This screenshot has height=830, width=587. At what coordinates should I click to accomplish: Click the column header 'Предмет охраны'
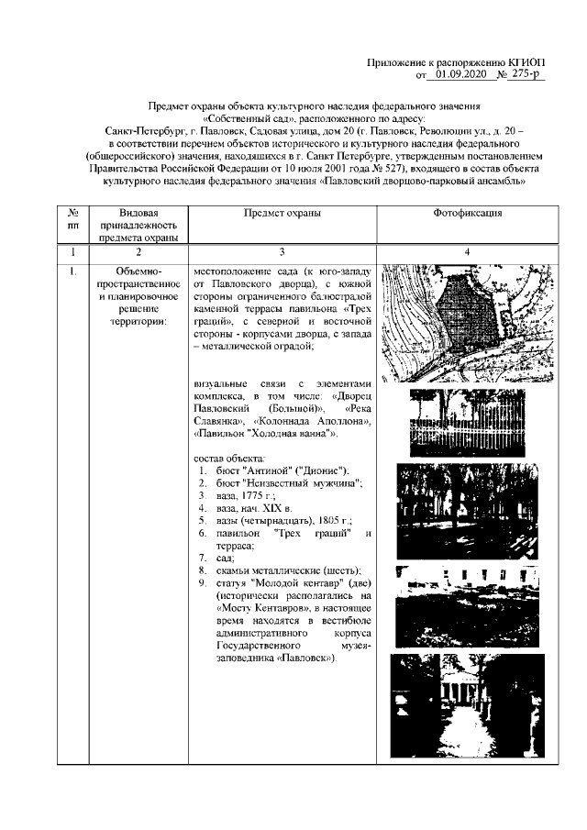click(x=282, y=212)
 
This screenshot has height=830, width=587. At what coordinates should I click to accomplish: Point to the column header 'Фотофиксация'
click(x=465, y=212)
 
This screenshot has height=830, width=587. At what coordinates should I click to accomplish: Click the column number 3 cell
click(x=282, y=251)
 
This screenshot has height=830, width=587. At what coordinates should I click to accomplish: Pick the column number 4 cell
click(x=465, y=251)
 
